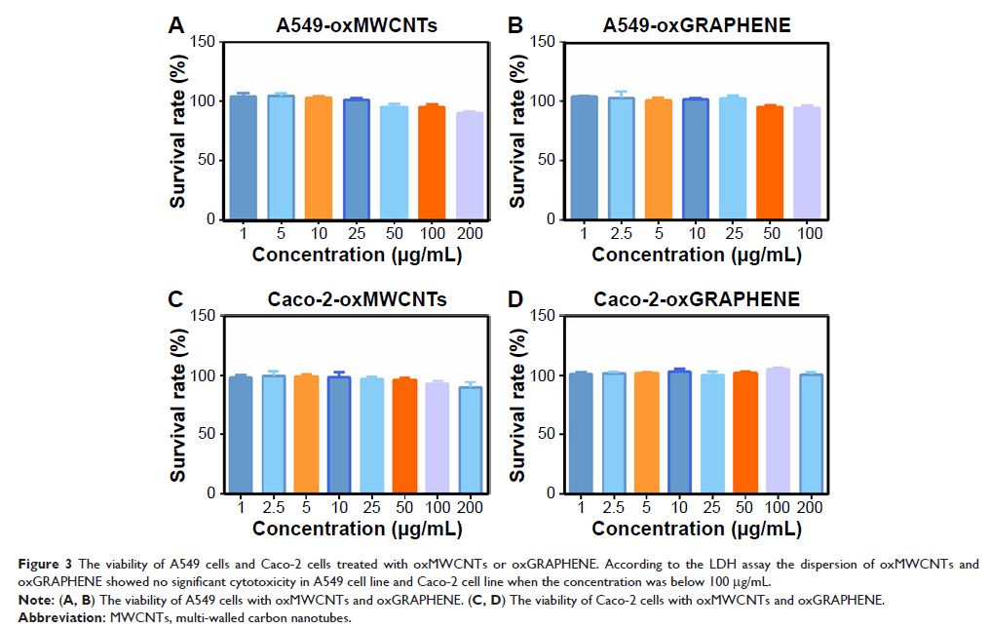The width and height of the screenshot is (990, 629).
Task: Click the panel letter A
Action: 175,26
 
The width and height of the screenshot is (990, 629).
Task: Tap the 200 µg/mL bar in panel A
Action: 470,166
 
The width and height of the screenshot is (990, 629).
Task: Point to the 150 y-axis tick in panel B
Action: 544,42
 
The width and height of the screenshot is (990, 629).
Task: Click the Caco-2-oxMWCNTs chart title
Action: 357,299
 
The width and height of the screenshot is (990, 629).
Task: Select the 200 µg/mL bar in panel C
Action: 471,440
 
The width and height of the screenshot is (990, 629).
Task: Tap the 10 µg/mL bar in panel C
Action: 339,435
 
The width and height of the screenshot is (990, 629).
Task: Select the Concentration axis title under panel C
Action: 357,529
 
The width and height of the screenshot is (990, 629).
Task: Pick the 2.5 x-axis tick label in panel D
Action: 615,508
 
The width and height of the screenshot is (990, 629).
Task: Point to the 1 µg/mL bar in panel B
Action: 584,158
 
